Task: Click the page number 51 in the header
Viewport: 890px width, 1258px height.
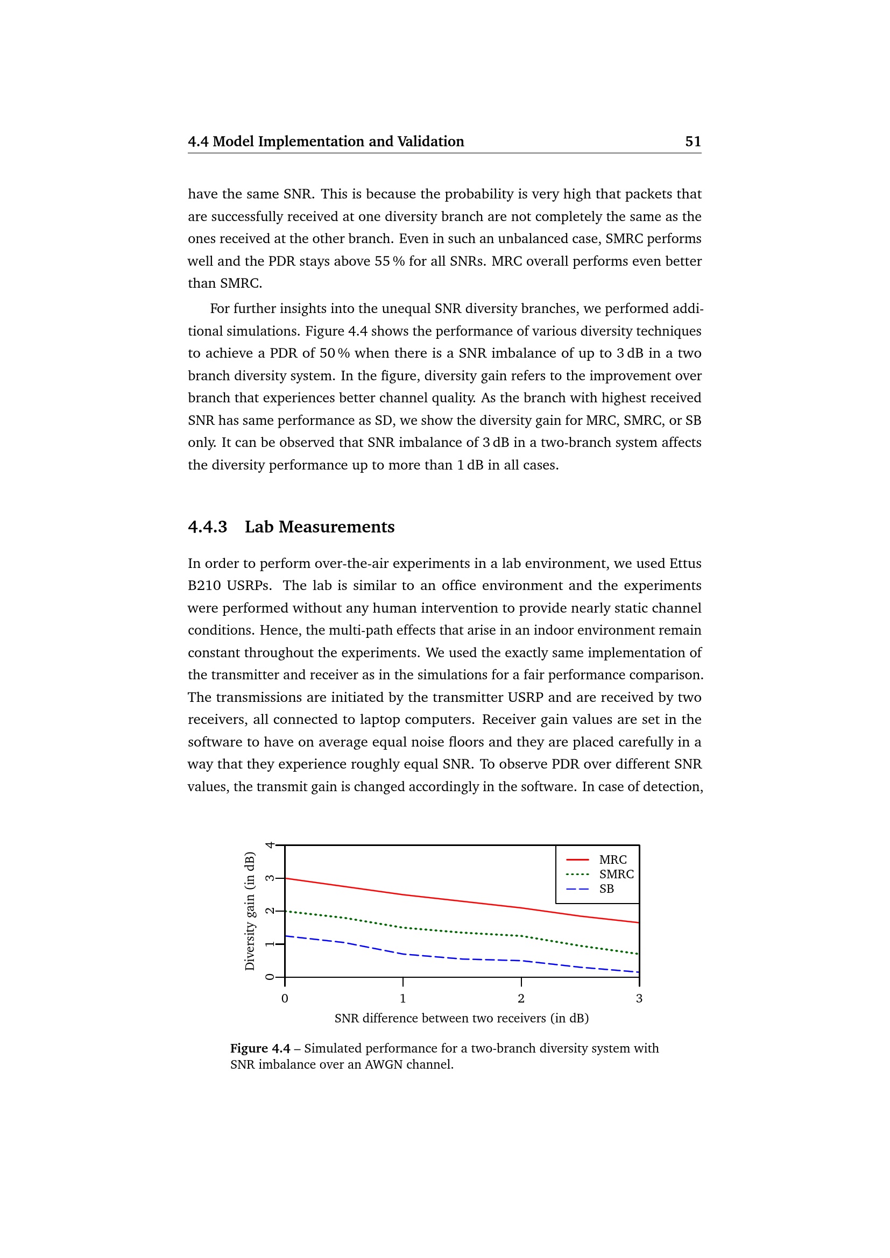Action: point(693,141)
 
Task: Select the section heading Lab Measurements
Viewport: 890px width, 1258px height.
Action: point(320,527)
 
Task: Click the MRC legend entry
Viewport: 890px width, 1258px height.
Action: point(612,859)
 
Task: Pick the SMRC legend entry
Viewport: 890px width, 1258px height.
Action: point(616,874)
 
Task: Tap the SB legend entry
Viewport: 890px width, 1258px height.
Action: point(606,889)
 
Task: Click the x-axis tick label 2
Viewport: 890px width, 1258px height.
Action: point(521,998)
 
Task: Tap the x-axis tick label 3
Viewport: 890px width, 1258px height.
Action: point(639,998)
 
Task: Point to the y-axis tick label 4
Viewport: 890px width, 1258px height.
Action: point(270,845)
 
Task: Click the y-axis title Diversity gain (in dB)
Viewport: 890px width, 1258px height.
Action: point(250,911)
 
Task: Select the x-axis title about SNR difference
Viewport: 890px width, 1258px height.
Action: point(462,1018)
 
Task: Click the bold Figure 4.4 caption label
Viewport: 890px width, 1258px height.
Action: point(260,1048)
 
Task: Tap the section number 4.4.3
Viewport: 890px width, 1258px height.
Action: point(207,527)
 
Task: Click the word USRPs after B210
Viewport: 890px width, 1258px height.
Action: point(249,585)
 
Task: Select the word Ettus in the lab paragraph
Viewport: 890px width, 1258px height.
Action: point(685,563)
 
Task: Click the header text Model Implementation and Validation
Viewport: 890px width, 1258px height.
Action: point(338,141)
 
